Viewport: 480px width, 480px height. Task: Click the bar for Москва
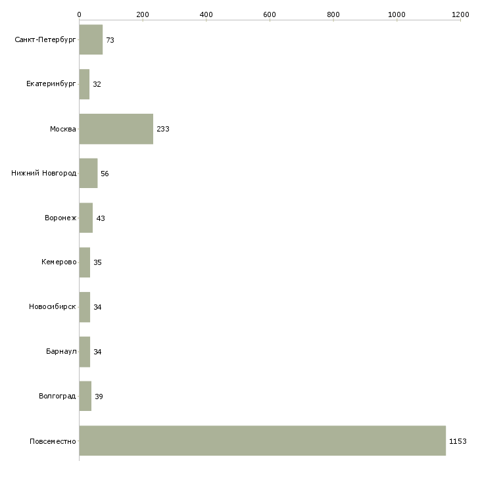click(x=116, y=129)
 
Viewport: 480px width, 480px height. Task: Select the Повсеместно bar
click(x=262, y=441)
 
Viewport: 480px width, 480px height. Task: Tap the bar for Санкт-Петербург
click(x=91, y=40)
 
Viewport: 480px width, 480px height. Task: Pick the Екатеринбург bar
click(x=84, y=84)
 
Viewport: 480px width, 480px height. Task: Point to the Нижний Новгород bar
click(x=89, y=174)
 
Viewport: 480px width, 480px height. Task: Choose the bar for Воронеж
click(x=86, y=218)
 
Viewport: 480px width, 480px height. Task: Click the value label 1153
click(x=458, y=441)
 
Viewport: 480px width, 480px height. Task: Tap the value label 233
click(x=163, y=129)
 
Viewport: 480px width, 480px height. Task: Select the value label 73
click(x=110, y=40)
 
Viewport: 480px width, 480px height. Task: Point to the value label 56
click(x=105, y=174)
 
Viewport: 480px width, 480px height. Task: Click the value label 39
click(x=99, y=396)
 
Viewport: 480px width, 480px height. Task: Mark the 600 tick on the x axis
click(x=270, y=20)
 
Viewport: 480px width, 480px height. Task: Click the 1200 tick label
click(x=460, y=14)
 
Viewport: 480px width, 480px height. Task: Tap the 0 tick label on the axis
click(x=80, y=14)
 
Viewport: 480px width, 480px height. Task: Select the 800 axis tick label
click(x=333, y=14)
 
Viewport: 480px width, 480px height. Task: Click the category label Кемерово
click(x=59, y=262)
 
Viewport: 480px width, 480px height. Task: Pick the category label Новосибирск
click(x=53, y=306)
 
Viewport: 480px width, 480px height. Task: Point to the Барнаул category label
click(x=61, y=351)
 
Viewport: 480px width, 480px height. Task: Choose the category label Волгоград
click(x=57, y=396)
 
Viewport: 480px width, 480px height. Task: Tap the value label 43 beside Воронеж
click(x=101, y=218)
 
